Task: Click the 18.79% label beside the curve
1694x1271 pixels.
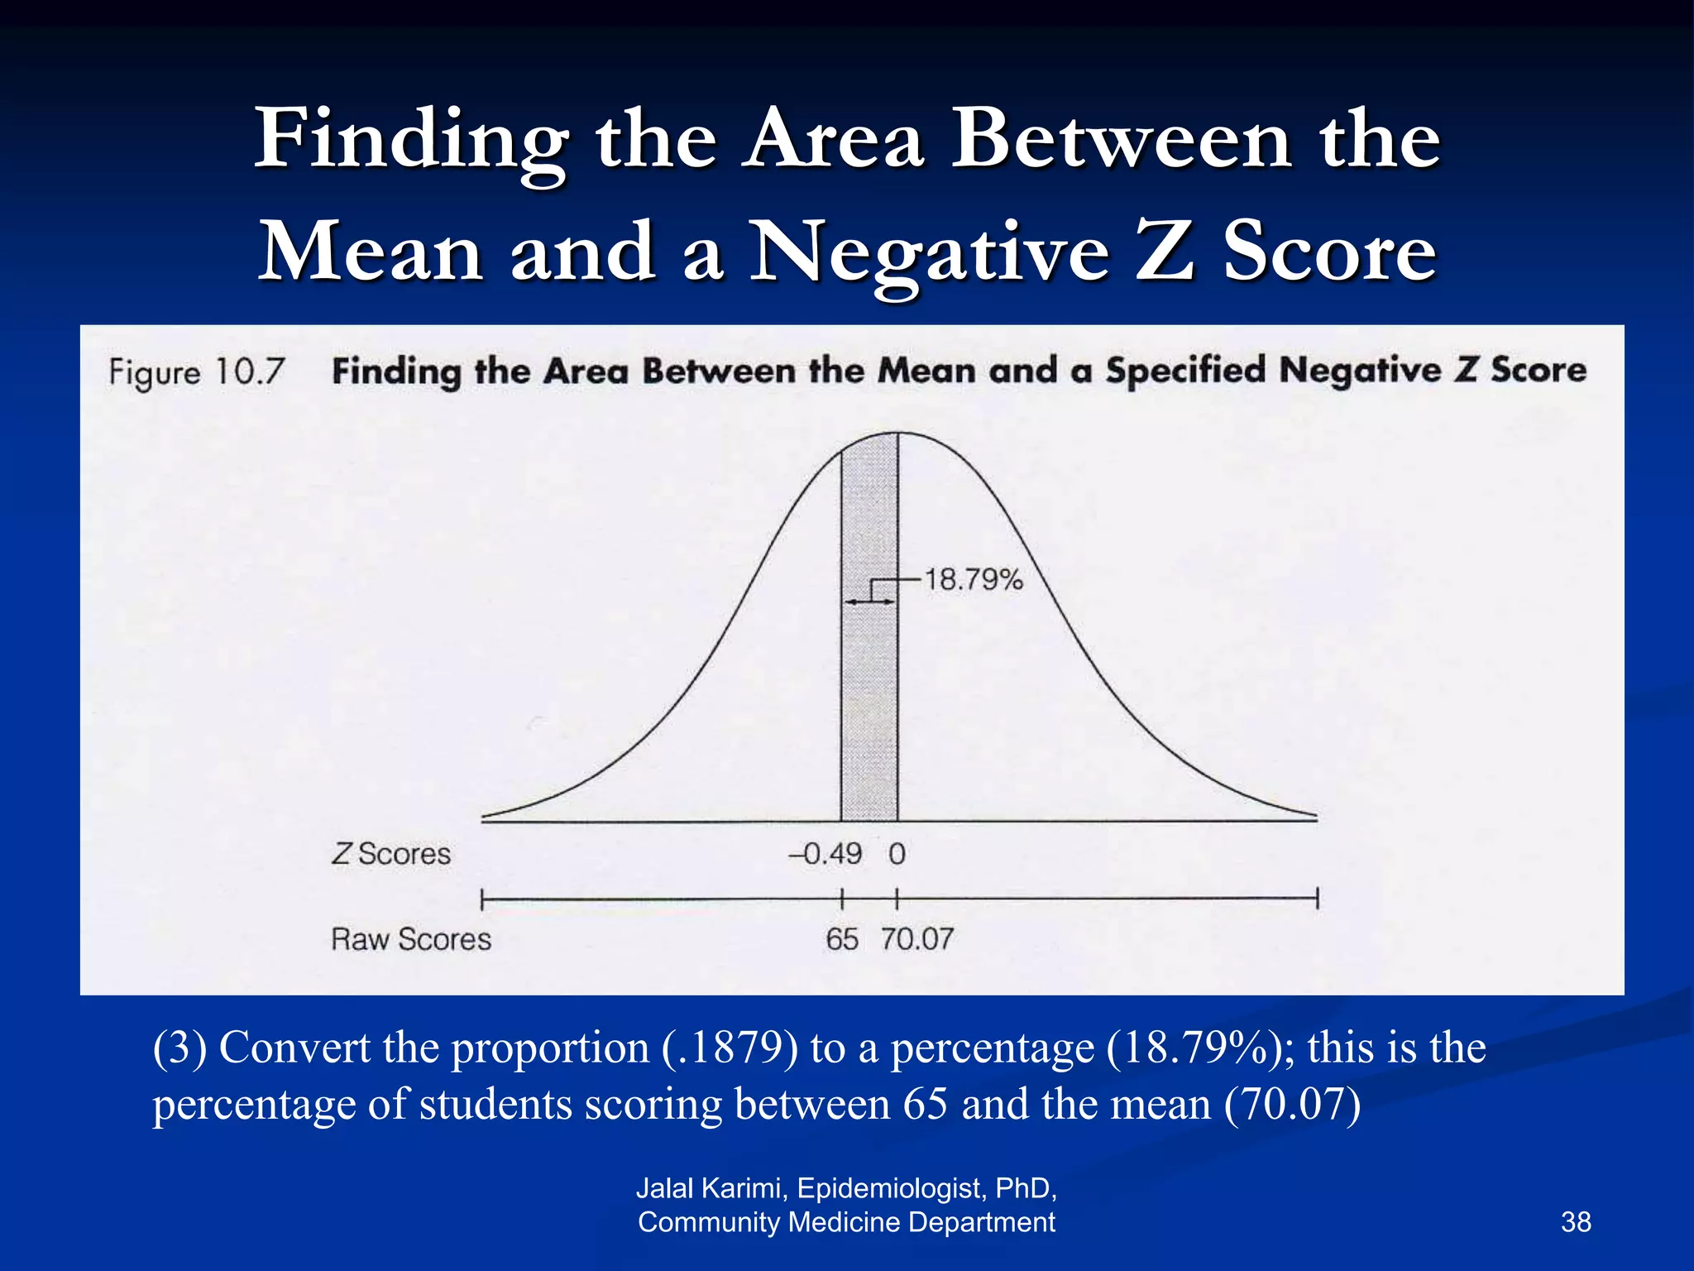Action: point(973,579)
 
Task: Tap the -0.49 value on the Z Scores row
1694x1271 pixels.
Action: point(825,853)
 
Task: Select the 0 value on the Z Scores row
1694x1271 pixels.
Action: point(897,853)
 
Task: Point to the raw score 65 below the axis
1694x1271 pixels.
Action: point(842,939)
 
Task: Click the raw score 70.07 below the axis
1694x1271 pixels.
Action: point(916,939)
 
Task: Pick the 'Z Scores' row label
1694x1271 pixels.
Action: point(391,853)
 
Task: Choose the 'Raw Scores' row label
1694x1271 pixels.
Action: point(411,939)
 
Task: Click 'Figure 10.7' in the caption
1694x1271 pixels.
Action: point(197,372)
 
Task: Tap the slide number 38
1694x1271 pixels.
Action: point(1576,1221)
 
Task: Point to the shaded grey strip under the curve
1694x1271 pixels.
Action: point(869,703)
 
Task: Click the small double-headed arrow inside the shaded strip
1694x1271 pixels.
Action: point(869,602)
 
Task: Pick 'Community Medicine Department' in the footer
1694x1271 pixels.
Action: point(846,1222)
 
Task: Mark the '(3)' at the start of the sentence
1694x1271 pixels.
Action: point(179,1048)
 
